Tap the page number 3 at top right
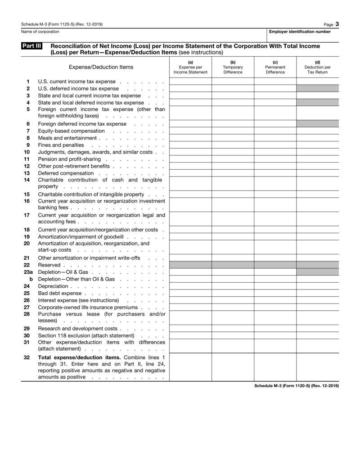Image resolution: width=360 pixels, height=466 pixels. [x=337, y=24]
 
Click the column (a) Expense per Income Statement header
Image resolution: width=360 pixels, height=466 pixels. [x=190, y=67]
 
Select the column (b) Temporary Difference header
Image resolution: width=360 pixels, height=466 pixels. [x=233, y=67]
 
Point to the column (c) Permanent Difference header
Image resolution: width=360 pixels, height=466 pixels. [x=275, y=67]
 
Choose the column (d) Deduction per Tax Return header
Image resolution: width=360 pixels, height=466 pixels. [x=318, y=67]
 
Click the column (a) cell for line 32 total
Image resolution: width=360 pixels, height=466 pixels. [x=190, y=367]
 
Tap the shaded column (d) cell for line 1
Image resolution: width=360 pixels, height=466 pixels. [x=318, y=81]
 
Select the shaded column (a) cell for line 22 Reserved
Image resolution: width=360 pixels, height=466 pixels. [x=190, y=265]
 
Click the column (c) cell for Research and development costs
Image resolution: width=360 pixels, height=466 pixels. [x=275, y=329]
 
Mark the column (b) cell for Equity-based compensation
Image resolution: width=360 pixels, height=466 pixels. [x=233, y=131]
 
